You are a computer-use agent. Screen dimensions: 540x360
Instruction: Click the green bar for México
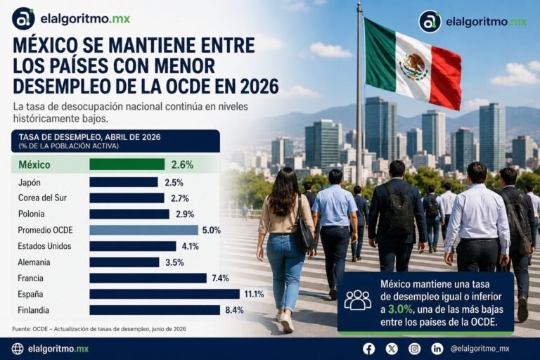[127, 165]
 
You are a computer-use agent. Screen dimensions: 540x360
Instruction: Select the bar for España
[165, 294]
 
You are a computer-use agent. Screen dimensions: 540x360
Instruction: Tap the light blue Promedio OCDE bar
[144, 230]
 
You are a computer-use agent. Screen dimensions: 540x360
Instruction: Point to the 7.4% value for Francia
[220, 278]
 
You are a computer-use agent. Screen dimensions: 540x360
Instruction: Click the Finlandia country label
[34, 310]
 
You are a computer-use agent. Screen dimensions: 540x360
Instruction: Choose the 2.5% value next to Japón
[174, 182]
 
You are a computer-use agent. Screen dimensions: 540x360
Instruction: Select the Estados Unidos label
[44, 246]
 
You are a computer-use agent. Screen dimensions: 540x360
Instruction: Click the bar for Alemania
[124, 262]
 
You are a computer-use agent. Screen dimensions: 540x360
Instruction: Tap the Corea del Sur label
[42, 198]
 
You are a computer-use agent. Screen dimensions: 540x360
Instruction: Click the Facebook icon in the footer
[369, 349]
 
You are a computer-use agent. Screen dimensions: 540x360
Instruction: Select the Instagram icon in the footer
[414, 349]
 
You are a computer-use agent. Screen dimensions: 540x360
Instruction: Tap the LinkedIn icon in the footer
[437, 349]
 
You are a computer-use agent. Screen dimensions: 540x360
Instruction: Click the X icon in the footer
[392, 349]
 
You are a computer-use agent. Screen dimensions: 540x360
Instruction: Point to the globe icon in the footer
[18, 349]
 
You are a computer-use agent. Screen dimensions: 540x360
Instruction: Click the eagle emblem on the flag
[413, 67]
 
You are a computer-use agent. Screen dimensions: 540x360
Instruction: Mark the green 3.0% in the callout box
[400, 309]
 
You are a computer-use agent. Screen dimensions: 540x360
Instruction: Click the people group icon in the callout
[358, 300]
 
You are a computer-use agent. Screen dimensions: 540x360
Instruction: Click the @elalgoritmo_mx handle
[480, 349]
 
